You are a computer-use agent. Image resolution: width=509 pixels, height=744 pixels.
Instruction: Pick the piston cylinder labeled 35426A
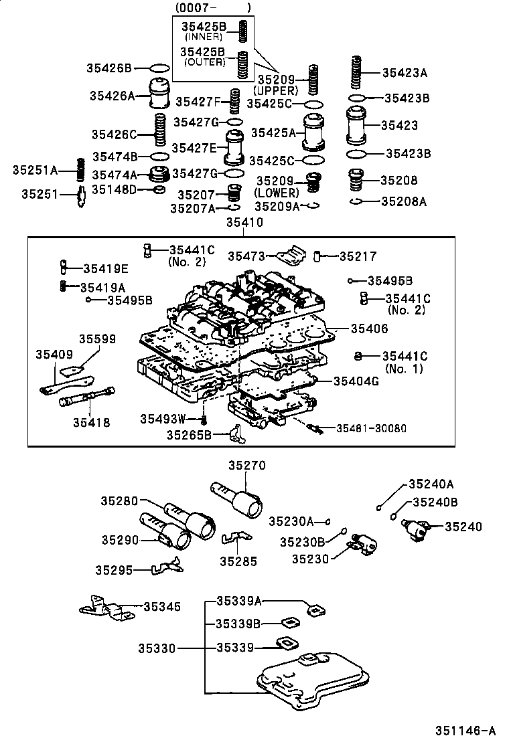(x=159, y=95)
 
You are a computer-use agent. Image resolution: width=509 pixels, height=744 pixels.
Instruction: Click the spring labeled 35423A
(x=358, y=73)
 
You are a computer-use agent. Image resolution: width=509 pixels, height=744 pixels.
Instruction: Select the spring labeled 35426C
(x=160, y=131)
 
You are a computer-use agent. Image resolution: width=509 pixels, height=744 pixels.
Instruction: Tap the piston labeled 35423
(x=356, y=125)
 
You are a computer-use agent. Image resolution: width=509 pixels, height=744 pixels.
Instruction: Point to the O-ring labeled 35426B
(x=159, y=68)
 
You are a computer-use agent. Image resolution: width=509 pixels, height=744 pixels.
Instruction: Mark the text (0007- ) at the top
(x=213, y=8)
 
